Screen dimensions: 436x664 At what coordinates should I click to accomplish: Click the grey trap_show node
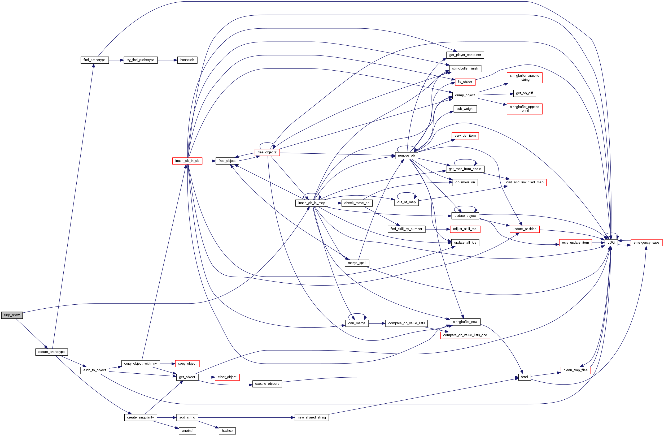(x=12, y=315)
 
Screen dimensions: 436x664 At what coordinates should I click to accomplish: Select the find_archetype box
(x=95, y=60)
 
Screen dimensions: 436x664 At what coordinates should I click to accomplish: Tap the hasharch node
(x=187, y=60)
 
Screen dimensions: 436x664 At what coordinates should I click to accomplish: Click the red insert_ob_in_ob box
(x=187, y=161)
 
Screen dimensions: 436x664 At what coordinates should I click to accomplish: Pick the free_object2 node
(x=267, y=152)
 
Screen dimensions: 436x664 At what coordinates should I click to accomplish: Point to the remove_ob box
(x=406, y=156)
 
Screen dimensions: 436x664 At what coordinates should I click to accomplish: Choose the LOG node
(x=611, y=243)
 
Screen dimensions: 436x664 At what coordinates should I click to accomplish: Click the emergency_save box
(x=646, y=243)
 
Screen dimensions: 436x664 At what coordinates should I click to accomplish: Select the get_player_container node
(x=465, y=55)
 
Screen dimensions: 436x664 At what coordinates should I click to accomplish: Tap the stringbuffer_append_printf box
(x=525, y=109)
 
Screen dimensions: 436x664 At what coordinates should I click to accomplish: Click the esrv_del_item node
(x=465, y=136)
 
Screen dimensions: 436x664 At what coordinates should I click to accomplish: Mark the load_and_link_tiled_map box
(x=525, y=182)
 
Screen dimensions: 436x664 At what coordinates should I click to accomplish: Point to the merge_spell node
(x=357, y=263)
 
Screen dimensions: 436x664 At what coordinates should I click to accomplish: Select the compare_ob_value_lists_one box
(x=465, y=335)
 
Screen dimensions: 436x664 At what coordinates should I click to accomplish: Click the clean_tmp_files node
(x=575, y=370)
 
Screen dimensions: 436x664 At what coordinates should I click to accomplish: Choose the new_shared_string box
(x=312, y=418)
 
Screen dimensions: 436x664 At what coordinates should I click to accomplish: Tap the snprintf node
(x=187, y=431)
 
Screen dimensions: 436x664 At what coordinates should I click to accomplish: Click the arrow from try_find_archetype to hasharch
(x=167, y=60)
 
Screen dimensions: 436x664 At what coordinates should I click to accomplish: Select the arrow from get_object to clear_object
(x=207, y=377)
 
